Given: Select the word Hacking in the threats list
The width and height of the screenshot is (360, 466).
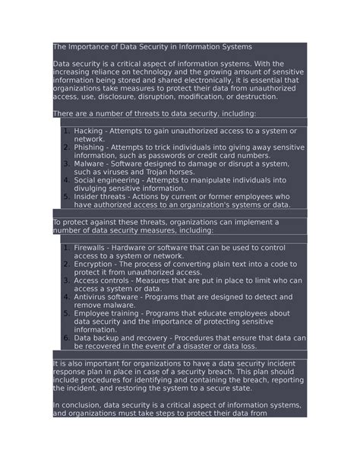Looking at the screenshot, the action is (90, 132).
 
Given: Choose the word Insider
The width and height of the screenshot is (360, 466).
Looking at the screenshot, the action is (88, 197).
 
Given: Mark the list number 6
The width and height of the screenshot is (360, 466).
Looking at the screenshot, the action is (67, 338).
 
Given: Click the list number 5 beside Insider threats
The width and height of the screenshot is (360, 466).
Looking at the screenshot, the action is (67, 197).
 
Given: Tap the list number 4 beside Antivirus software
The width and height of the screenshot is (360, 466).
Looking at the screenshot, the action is (67, 296).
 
